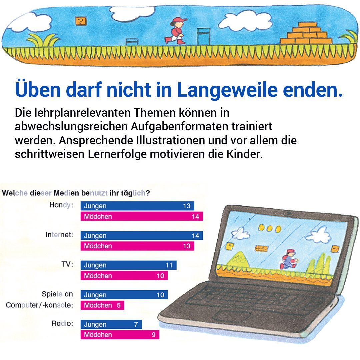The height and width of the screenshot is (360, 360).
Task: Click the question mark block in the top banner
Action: (x=80, y=22)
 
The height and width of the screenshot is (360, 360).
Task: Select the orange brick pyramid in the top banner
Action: (x=306, y=34)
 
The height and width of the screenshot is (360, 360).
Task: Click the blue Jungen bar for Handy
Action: (x=137, y=206)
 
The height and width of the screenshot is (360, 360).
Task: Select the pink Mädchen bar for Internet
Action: (x=137, y=246)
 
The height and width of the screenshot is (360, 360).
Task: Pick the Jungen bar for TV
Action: (x=128, y=265)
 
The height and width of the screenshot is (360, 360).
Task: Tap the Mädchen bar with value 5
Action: (x=102, y=305)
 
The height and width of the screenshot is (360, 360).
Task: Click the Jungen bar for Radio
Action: (x=111, y=324)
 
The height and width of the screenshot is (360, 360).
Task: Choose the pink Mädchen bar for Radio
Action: (x=120, y=335)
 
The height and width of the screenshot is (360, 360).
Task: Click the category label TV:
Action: (x=67, y=265)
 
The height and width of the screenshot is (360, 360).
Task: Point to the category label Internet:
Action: (x=59, y=235)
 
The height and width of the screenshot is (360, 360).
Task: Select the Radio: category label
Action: (x=62, y=324)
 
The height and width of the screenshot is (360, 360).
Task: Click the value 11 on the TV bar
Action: (x=169, y=265)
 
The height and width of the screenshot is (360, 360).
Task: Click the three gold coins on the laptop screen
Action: (x=269, y=229)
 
